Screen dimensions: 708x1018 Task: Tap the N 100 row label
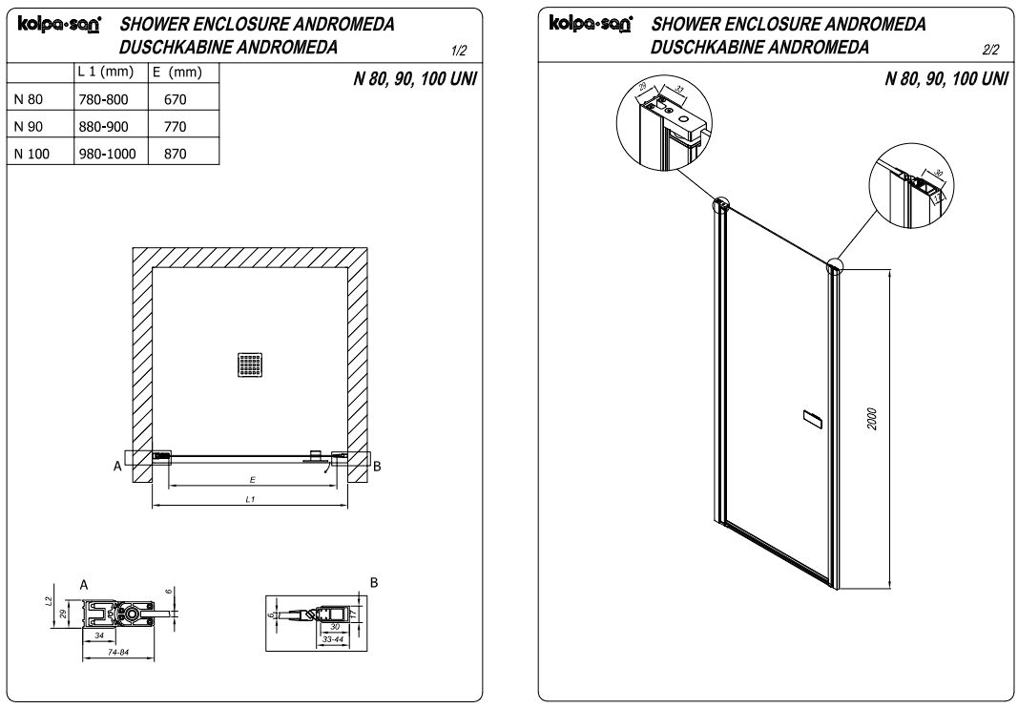pos(32,153)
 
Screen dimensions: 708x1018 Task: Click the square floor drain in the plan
pos(249,364)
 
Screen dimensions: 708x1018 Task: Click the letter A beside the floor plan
pos(116,467)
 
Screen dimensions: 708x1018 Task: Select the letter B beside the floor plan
pos(377,467)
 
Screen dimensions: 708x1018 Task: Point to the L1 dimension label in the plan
pos(250,499)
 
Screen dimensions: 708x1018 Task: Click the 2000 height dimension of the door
pos(872,418)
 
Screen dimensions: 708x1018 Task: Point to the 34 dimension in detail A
pos(98,634)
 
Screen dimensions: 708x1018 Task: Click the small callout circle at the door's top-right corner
pos(837,267)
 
